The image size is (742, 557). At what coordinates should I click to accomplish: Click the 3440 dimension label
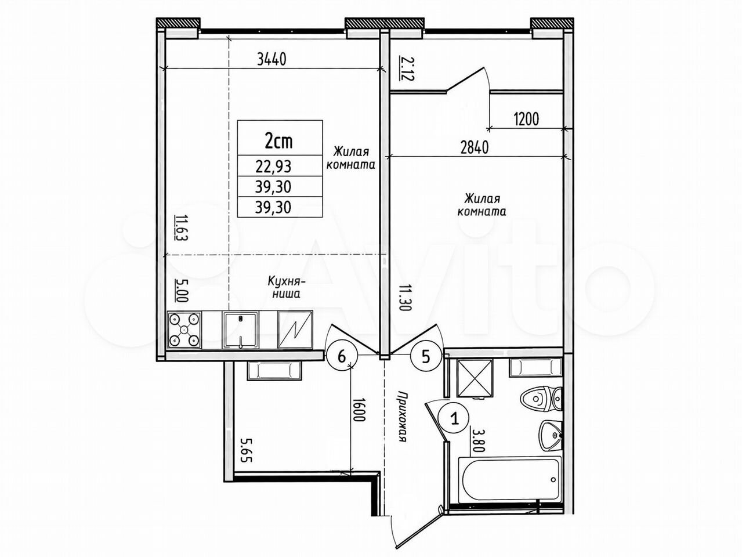coord(272,60)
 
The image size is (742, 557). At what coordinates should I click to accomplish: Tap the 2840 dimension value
coord(475,148)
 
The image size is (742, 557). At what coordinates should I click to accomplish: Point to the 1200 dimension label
coord(526,120)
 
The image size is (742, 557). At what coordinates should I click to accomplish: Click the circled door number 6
coord(342,357)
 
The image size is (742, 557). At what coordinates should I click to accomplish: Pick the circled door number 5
coord(426,356)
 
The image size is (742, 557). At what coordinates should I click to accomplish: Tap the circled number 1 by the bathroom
coord(455,419)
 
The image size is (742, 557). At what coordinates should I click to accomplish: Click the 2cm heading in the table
coord(278,141)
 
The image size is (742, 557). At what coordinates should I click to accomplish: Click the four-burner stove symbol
coord(184,330)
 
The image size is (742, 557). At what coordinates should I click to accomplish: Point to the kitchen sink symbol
coord(240,330)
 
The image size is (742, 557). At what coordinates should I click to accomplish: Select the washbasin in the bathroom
coord(551,435)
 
